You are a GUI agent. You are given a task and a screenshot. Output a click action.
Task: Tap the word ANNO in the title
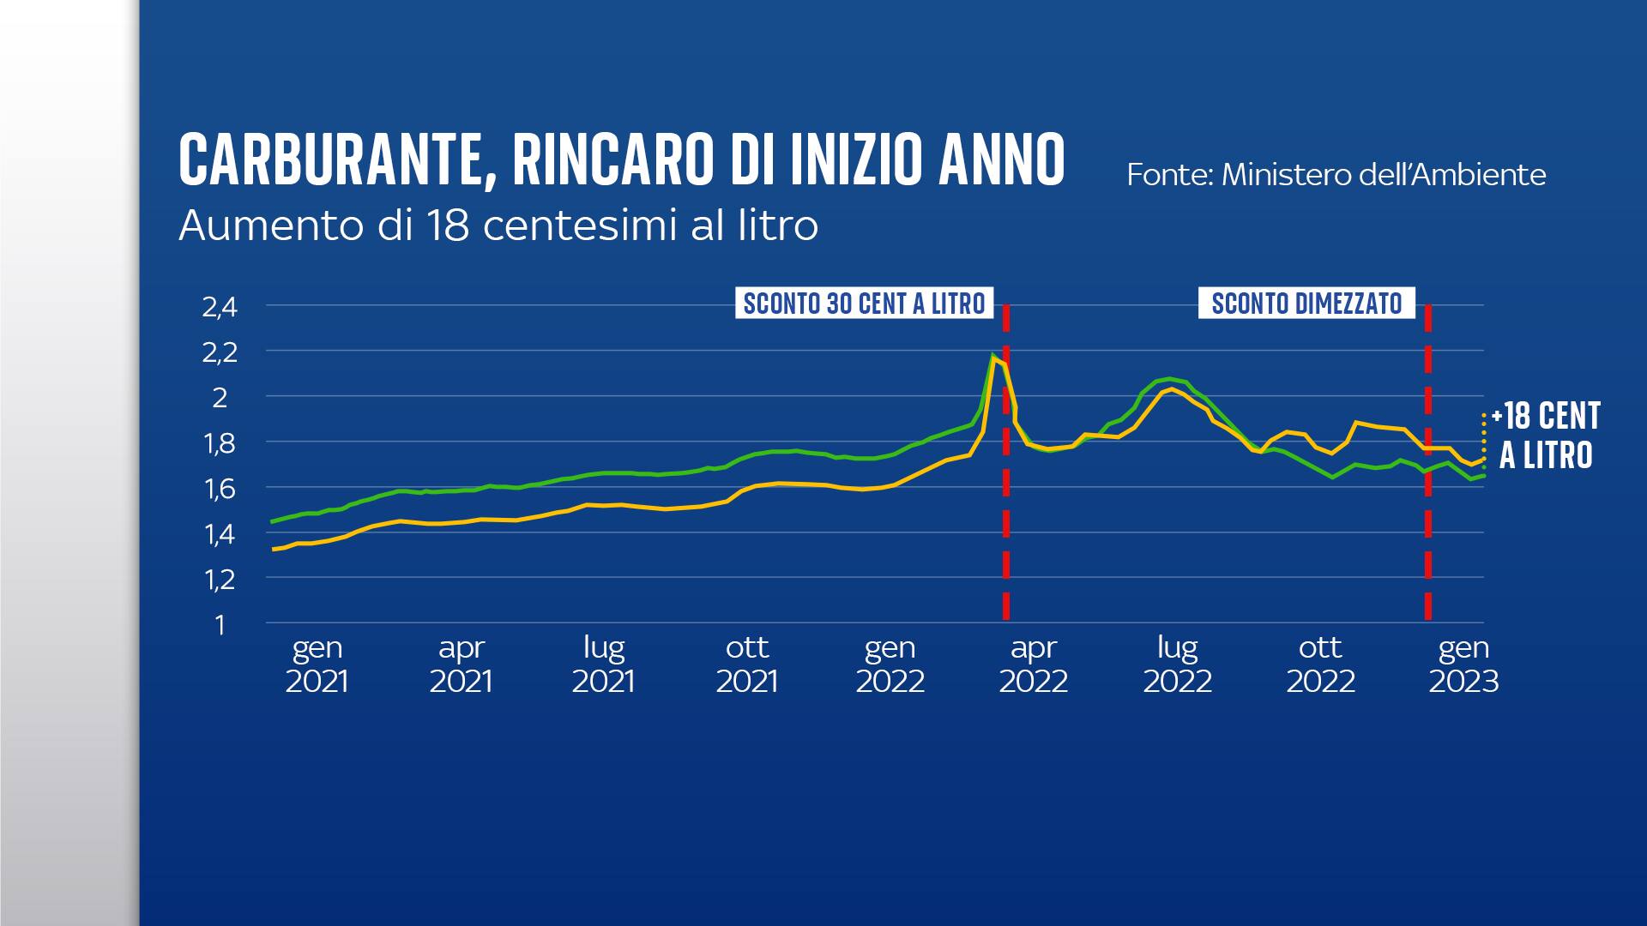[x=1001, y=159]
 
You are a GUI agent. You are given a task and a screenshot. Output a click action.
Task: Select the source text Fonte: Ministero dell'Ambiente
[x=1336, y=175]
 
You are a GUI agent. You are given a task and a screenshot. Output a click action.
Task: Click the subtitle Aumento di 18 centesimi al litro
[x=498, y=225]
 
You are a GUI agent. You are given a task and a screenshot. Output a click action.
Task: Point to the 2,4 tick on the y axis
[x=220, y=307]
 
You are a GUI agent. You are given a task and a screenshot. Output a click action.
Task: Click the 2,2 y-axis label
[x=220, y=352]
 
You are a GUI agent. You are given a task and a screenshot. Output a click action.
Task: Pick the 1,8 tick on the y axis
[x=220, y=443]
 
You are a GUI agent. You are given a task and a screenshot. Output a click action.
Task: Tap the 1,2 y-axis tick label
[x=220, y=580]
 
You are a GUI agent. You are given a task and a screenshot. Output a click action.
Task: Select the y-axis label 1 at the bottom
[x=220, y=625]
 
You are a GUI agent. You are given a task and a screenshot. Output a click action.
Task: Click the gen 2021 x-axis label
[x=317, y=664]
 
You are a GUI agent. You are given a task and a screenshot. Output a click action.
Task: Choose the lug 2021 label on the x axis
[x=604, y=664]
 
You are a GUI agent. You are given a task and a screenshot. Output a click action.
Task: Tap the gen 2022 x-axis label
[x=890, y=664]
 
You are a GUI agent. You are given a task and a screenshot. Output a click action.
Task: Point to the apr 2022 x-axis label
[x=1034, y=664]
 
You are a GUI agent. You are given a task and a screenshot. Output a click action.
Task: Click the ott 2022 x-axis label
[x=1320, y=664]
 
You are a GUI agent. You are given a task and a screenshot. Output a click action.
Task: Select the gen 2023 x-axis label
[x=1463, y=664]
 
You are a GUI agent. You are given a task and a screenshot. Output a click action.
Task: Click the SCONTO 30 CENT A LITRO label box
[x=864, y=304]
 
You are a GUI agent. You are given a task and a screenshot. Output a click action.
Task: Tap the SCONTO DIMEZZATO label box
[x=1306, y=304]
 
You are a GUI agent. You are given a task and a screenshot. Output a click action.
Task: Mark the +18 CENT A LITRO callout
[x=1546, y=436]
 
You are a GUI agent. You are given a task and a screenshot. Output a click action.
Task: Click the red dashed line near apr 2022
[x=1006, y=514]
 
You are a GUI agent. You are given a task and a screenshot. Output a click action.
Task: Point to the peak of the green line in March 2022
[x=993, y=355]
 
